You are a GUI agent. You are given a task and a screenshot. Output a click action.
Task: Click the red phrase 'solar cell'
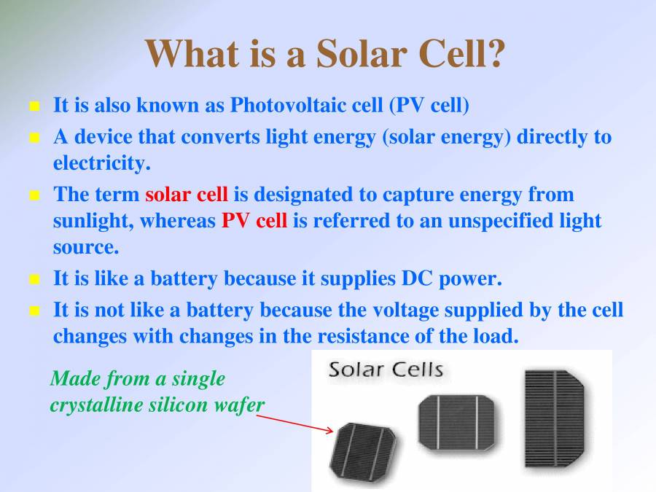(x=187, y=195)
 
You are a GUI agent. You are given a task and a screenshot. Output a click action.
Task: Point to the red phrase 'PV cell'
(x=254, y=220)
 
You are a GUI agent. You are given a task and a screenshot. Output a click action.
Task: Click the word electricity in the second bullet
(x=101, y=163)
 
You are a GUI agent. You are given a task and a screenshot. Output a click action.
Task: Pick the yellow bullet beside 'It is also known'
(x=34, y=106)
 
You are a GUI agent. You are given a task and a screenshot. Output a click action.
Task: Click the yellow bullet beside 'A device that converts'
(x=34, y=137)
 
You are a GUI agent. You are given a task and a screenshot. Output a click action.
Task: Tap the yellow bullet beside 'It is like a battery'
(x=34, y=279)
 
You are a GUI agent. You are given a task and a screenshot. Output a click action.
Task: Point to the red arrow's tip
(x=333, y=431)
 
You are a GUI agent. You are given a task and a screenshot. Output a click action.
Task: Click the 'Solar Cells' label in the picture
(x=386, y=370)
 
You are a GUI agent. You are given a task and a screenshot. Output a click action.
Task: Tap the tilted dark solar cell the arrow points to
(x=363, y=451)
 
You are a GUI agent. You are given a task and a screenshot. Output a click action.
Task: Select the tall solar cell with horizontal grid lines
(x=555, y=418)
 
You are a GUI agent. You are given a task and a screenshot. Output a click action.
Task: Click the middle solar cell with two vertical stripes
(x=456, y=423)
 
